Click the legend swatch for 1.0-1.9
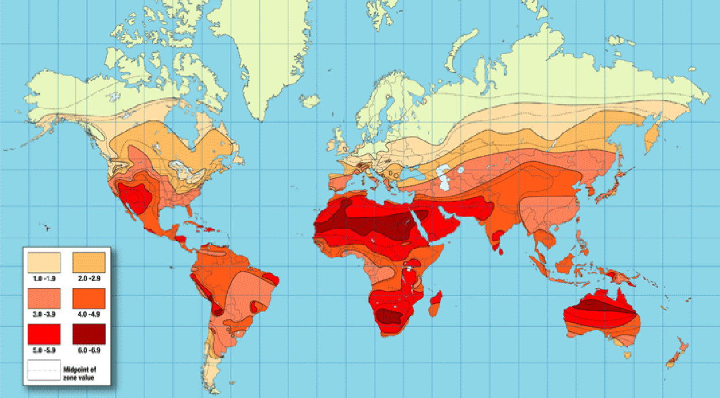pyautogui.click(x=44, y=262)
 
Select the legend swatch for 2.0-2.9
pyautogui.click(x=88, y=262)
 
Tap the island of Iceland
pyautogui.click(x=309, y=101)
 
